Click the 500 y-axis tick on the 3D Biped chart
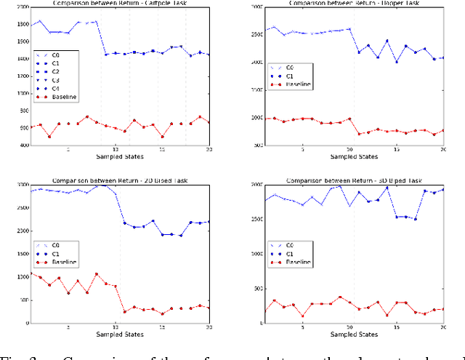(256, 289)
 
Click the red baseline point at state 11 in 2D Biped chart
(124, 312)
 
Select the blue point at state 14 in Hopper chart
(387, 41)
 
